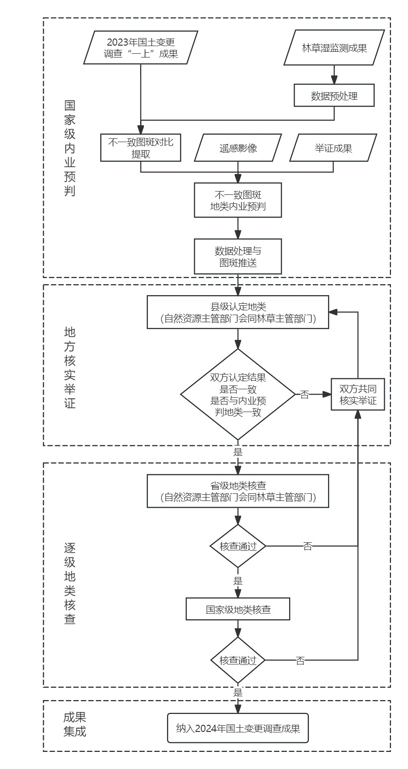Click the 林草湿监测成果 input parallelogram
334,48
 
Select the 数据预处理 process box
334,96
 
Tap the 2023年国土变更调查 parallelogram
141,48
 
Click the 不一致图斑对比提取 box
141,148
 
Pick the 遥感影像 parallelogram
238,148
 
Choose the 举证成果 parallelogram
333,148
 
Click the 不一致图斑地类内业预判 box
237,201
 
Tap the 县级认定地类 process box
237,312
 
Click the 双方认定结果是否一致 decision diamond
237,394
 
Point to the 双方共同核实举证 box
358,394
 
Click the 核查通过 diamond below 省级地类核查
237,546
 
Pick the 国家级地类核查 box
237,609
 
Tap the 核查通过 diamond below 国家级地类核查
237,660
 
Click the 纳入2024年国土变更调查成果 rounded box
237,728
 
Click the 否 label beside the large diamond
304,394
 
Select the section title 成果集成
75,724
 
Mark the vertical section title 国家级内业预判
70,148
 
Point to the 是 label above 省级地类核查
238,452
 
